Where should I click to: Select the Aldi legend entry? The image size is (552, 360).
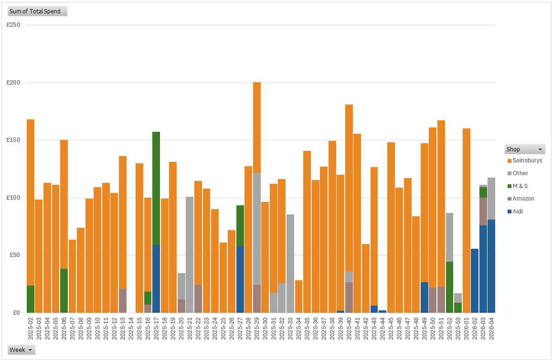pyautogui.click(x=517, y=212)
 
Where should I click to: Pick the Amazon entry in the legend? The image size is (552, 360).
pyautogui.click(x=523, y=199)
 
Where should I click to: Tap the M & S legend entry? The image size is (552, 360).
pyautogui.click(x=520, y=186)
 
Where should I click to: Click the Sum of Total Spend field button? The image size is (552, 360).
pyautogui.click(x=37, y=11)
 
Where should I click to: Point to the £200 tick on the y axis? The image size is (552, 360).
pyautogui.click(x=13, y=83)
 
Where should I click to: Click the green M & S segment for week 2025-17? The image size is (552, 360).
pyautogui.click(x=156, y=188)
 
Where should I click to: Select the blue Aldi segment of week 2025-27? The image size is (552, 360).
pyautogui.click(x=240, y=279)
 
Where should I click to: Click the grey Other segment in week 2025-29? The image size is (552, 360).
pyautogui.click(x=257, y=229)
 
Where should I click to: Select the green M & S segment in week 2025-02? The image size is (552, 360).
pyautogui.click(x=31, y=299)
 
